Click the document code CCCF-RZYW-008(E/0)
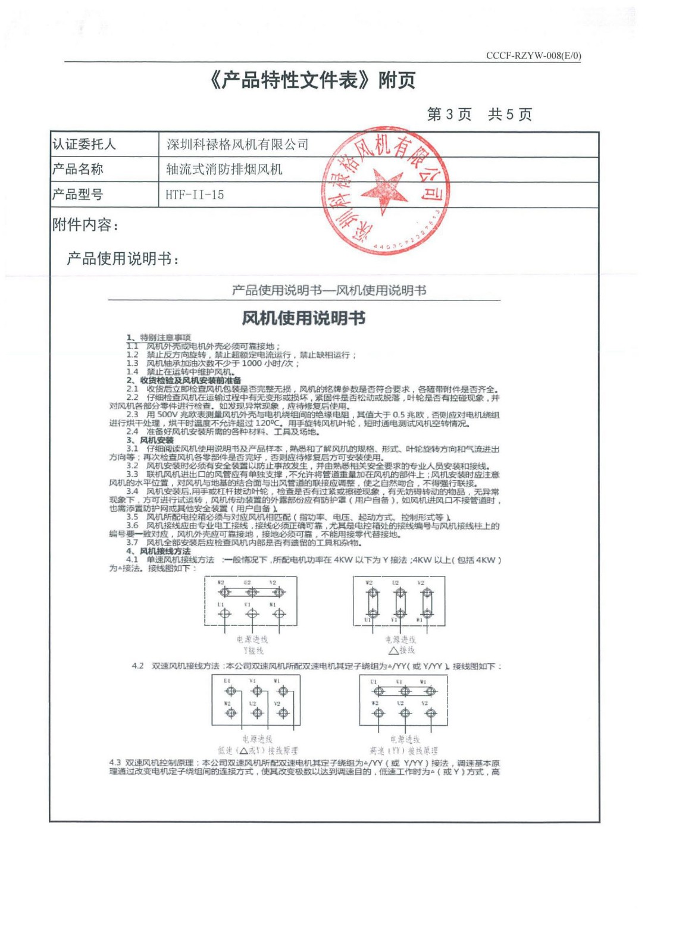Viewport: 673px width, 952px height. pyautogui.click(x=533, y=55)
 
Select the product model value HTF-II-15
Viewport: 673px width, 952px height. pyautogui.click(x=195, y=195)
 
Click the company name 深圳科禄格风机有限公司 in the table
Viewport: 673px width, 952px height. pyautogui.click(x=237, y=145)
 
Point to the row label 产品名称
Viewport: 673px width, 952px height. pyautogui.click(x=78, y=170)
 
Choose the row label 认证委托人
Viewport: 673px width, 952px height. pyautogui.click(x=84, y=145)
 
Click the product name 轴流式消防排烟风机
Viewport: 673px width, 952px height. pyautogui.click(x=224, y=170)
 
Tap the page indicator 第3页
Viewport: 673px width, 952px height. pyautogui.click(x=449, y=114)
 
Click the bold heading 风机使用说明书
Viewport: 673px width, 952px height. pyautogui.click(x=303, y=318)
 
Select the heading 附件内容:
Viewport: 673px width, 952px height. pyautogui.click(x=86, y=225)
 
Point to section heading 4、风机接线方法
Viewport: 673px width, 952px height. pyautogui.click(x=158, y=551)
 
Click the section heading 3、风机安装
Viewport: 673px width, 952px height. pyautogui.click(x=150, y=440)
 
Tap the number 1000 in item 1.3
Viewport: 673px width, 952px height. pyautogui.click(x=251, y=363)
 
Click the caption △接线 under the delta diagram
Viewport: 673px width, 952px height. pyautogui.click(x=402, y=650)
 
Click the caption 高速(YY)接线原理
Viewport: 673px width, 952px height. pyautogui.click(x=403, y=751)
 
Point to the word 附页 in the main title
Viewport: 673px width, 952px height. pyautogui.click(x=396, y=80)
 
